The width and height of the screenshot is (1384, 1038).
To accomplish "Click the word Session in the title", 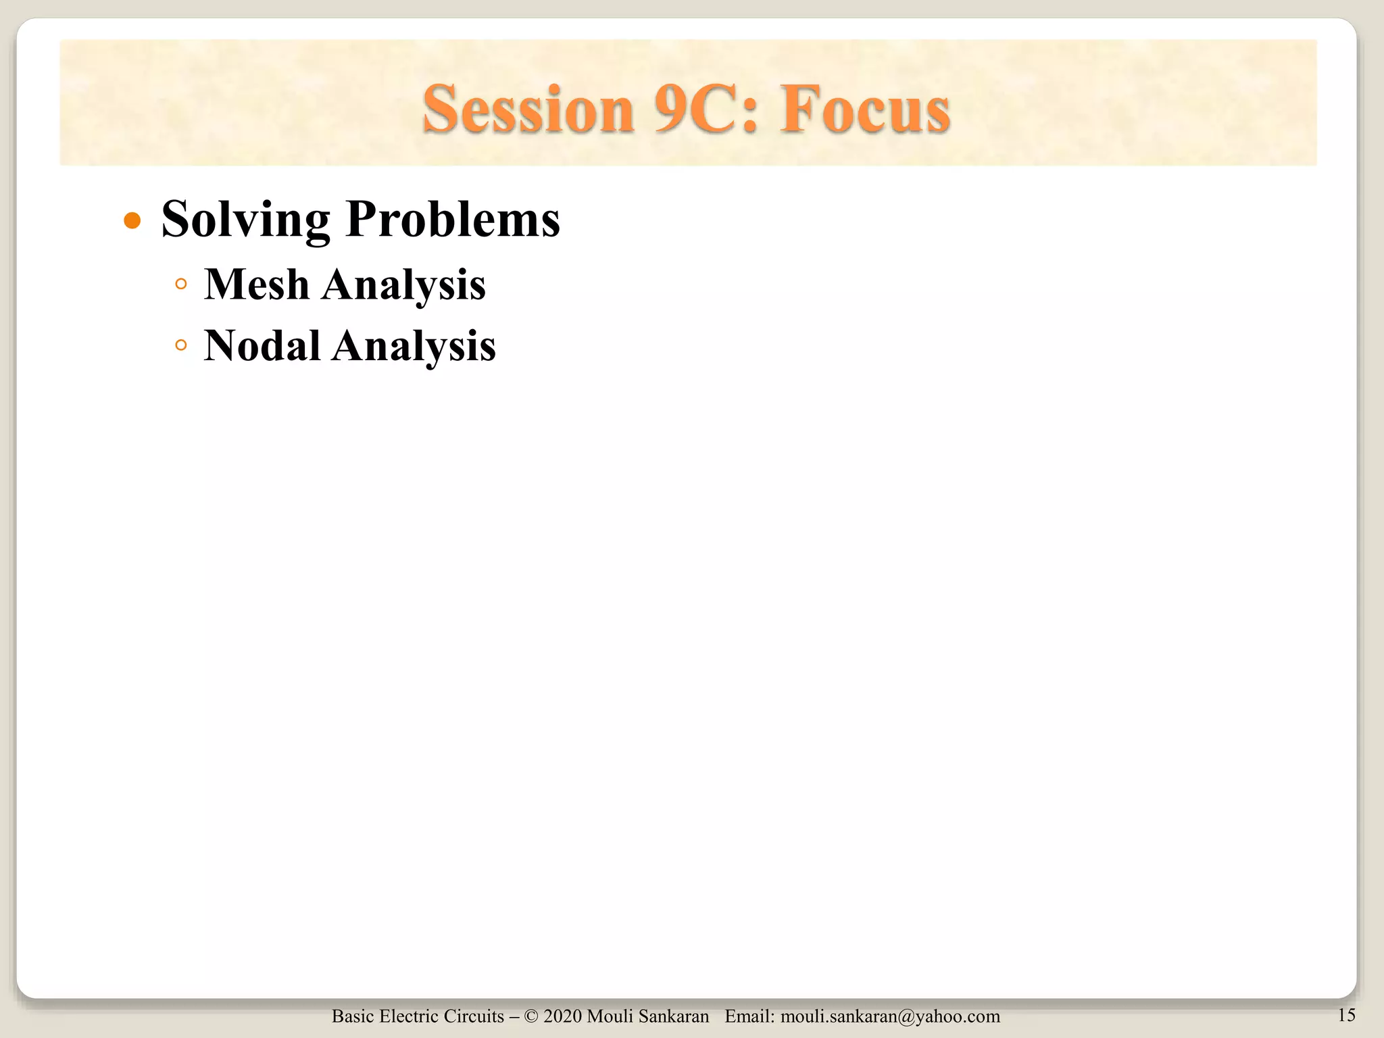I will tap(528, 109).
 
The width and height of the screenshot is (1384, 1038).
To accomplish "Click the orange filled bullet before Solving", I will tap(132, 221).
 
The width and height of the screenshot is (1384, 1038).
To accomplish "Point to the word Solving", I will tap(245, 220).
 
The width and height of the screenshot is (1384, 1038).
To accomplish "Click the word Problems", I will tap(452, 220).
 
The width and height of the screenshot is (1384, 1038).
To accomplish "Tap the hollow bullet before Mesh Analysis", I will tap(180, 284).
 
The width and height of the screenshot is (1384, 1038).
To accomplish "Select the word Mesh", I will tap(257, 284).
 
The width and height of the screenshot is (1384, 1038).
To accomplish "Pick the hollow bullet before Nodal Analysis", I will tap(180, 345).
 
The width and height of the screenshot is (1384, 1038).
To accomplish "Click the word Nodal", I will tap(262, 345).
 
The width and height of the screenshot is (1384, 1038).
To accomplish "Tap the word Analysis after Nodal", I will tap(414, 347).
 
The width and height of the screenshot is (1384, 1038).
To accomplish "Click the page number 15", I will tap(1346, 1014).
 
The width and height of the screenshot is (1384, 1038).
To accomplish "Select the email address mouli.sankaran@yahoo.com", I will tap(890, 1016).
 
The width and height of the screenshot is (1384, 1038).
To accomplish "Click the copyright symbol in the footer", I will tap(530, 1016).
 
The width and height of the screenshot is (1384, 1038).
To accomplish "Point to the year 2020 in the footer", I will tap(563, 1016).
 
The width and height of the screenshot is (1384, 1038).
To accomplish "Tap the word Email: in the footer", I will tap(749, 1016).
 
